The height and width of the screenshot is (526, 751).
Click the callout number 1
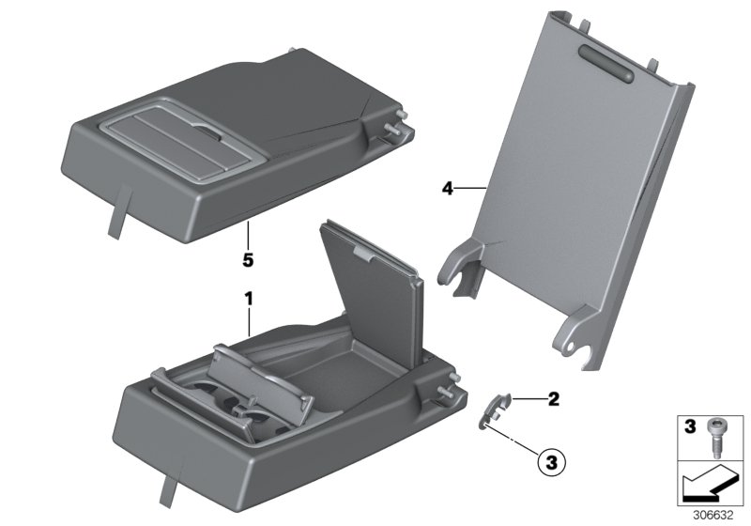pyautogui.click(x=249, y=299)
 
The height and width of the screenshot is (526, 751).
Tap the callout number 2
pyautogui.click(x=554, y=399)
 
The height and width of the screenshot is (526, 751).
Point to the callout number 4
pyautogui.click(x=448, y=189)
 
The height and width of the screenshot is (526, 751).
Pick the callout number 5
pyautogui.click(x=249, y=255)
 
